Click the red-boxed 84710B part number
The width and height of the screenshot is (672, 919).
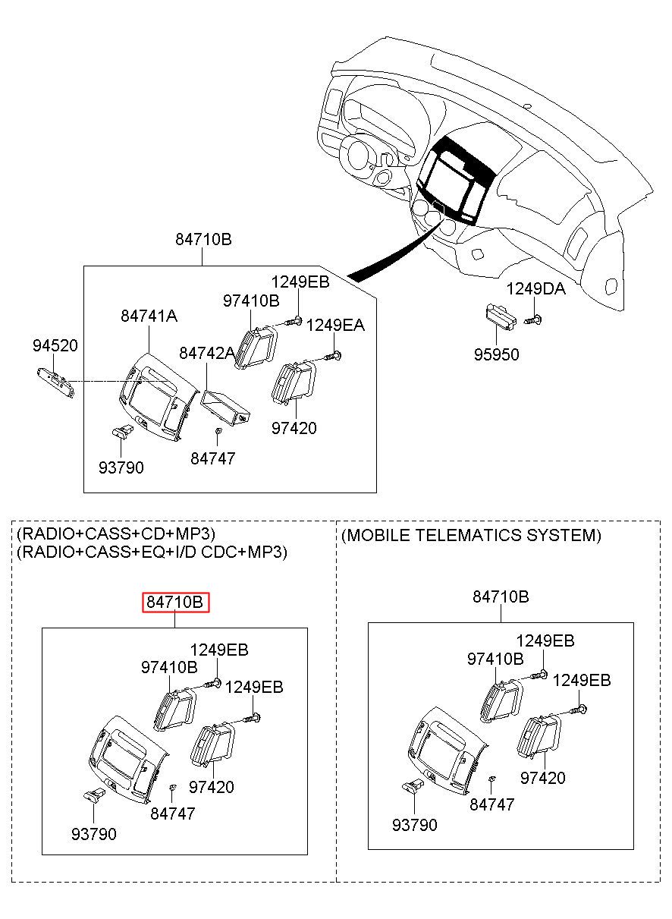point(176,603)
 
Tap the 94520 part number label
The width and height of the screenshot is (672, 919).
point(55,346)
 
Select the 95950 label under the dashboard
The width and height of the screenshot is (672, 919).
point(497,354)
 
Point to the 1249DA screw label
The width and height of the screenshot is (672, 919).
point(535,289)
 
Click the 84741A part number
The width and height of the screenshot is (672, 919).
point(149,316)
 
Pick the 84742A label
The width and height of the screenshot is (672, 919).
point(207,353)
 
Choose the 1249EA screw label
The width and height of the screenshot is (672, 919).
point(335,325)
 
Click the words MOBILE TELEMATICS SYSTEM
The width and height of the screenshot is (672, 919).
point(471,536)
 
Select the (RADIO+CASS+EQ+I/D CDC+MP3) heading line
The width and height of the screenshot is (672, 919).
point(152,552)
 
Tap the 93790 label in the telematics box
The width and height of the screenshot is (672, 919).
point(414,825)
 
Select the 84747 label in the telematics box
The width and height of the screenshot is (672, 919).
point(491,804)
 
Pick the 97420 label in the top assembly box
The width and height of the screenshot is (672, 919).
point(294,428)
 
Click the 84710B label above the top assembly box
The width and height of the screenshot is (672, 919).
point(203,239)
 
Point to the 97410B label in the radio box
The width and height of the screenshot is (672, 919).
point(169,667)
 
